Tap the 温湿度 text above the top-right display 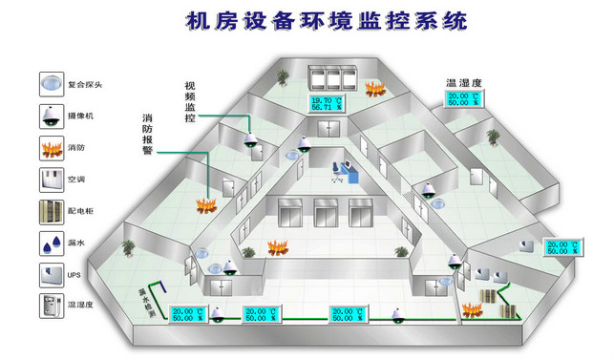click(463, 83)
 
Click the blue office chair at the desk click(337, 171)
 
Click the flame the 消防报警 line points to click(202, 204)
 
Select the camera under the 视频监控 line click(252, 140)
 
